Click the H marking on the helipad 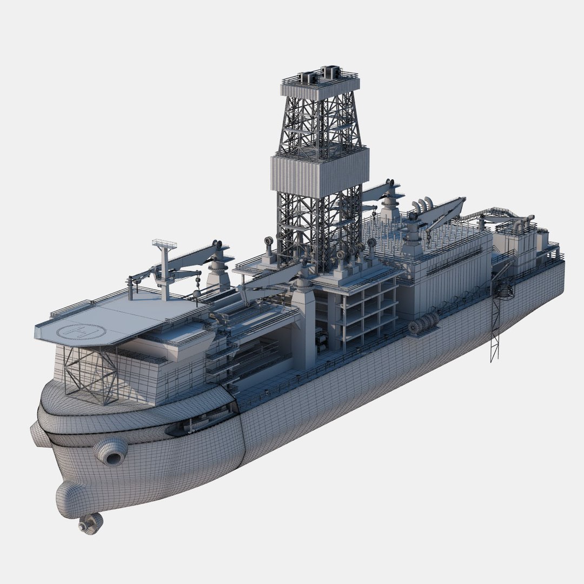point(81,331)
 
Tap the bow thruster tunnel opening point(112,457)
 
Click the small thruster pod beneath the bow point(90,523)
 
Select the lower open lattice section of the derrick point(319,227)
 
